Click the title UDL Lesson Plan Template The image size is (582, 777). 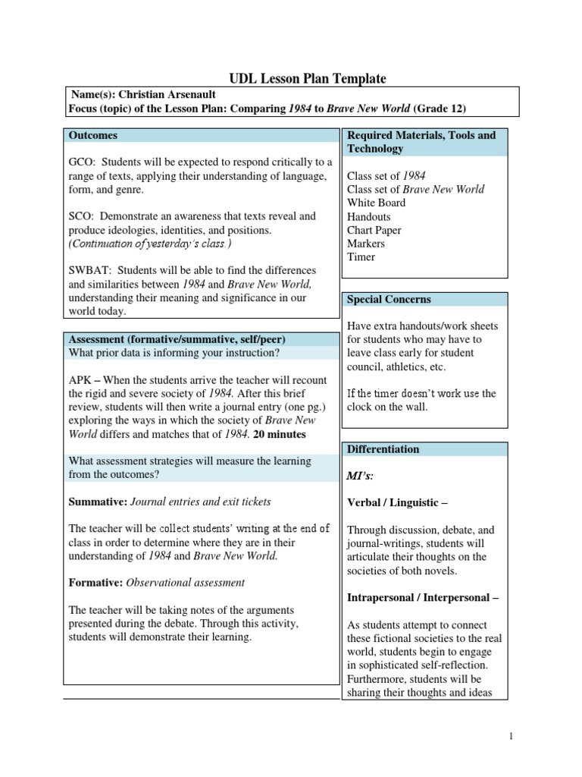[x=308, y=78]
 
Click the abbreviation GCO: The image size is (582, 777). [x=82, y=162]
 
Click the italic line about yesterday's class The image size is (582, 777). [x=150, y=244]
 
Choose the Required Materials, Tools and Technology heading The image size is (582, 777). [x=421, y=142]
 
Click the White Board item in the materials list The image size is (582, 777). [x=376, y=203]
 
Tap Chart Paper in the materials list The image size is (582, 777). [x=374, y=230]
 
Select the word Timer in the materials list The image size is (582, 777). [x=361, y=257]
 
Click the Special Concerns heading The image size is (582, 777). [x=388, y=300]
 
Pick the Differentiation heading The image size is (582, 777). [x=383, y=449]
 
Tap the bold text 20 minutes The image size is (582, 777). [x=281, y=434]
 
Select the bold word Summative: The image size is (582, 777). [x=98, y=502]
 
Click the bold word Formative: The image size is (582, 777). [x=95, y=583]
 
